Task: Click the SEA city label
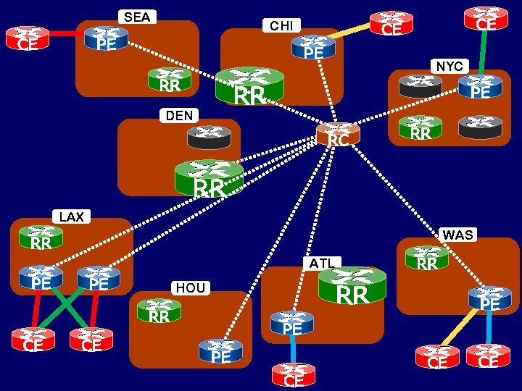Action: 137,17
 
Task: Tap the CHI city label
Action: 281,26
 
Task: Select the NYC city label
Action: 449,66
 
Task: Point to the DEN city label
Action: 179,115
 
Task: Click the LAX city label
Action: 72,216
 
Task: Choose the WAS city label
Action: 457,235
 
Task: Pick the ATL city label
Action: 320,263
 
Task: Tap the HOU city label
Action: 191,288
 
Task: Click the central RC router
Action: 337,135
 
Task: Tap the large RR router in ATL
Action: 352,286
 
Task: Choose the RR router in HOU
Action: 159,311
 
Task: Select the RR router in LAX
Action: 41,240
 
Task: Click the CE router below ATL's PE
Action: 294,376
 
